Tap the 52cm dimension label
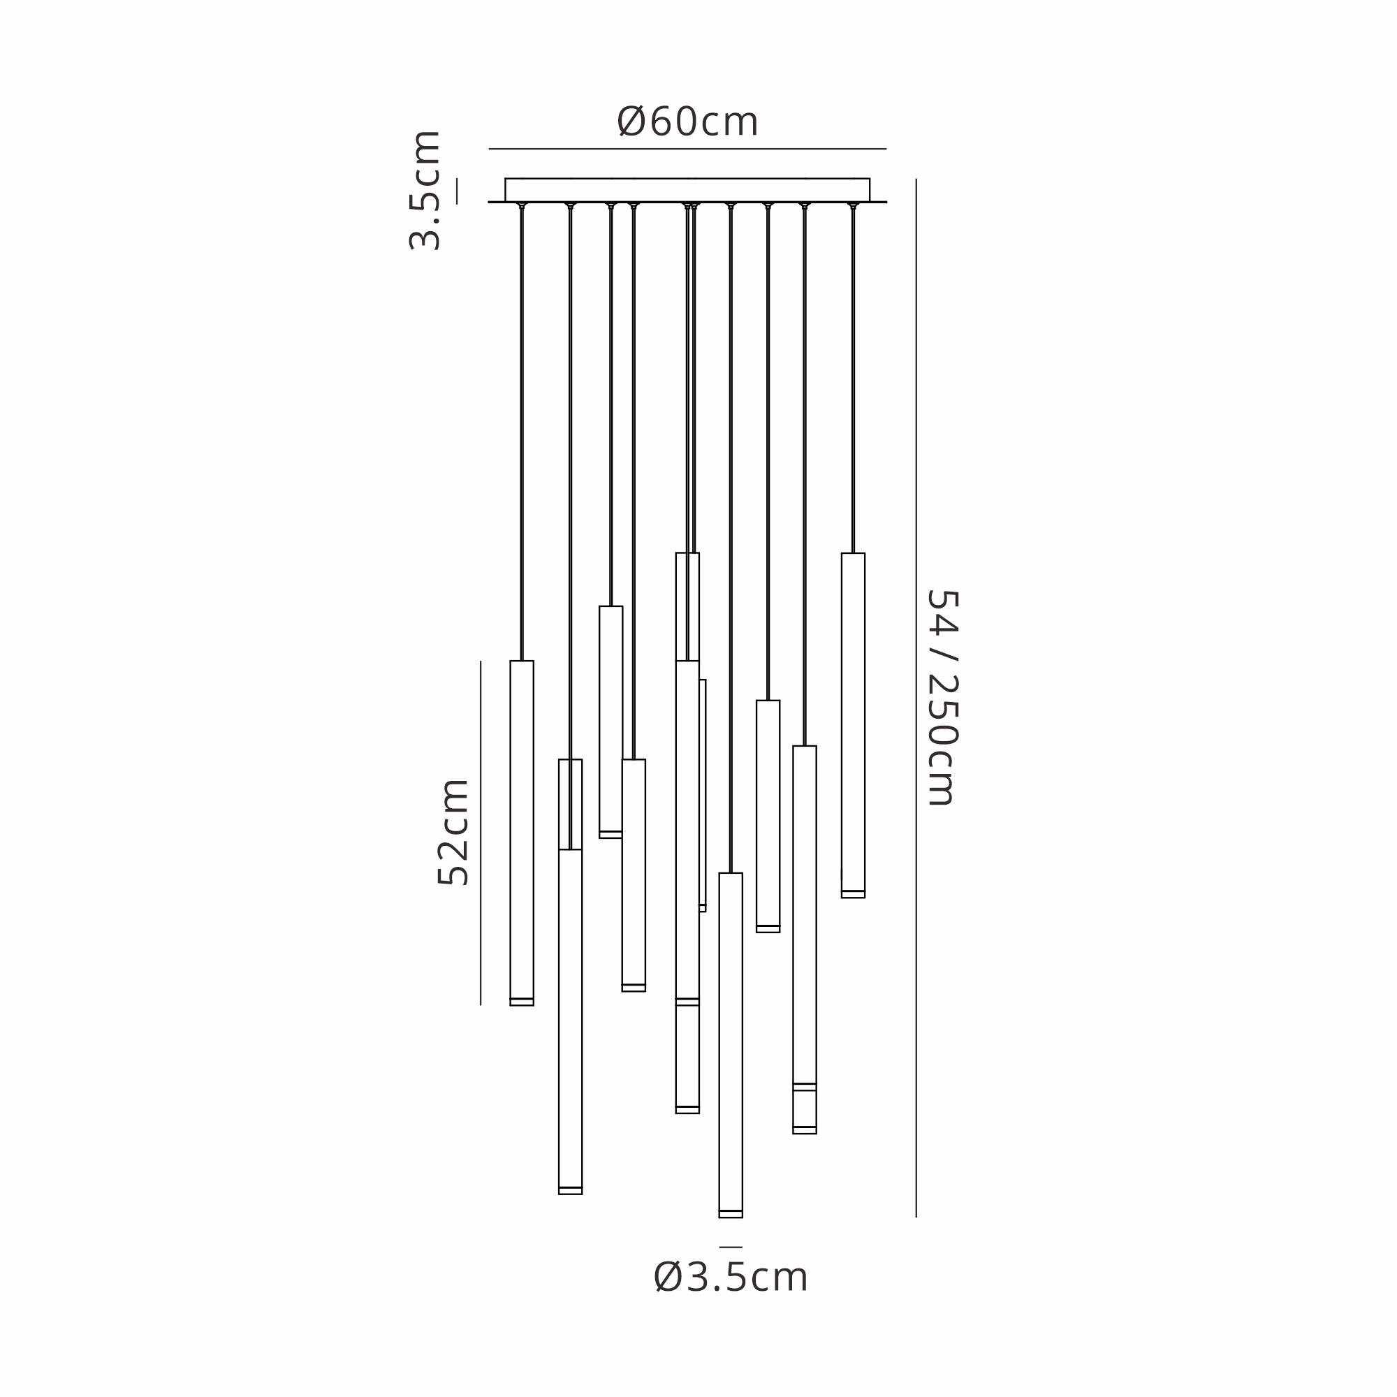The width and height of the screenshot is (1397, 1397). tap(453, 831)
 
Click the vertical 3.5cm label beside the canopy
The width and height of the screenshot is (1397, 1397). tap(425, 190)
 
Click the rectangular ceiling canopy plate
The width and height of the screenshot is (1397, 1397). tap(687, 189)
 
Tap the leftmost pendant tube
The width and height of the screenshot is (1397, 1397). tap(521, 833)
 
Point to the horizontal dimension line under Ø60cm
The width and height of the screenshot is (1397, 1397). tap(687, 149)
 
